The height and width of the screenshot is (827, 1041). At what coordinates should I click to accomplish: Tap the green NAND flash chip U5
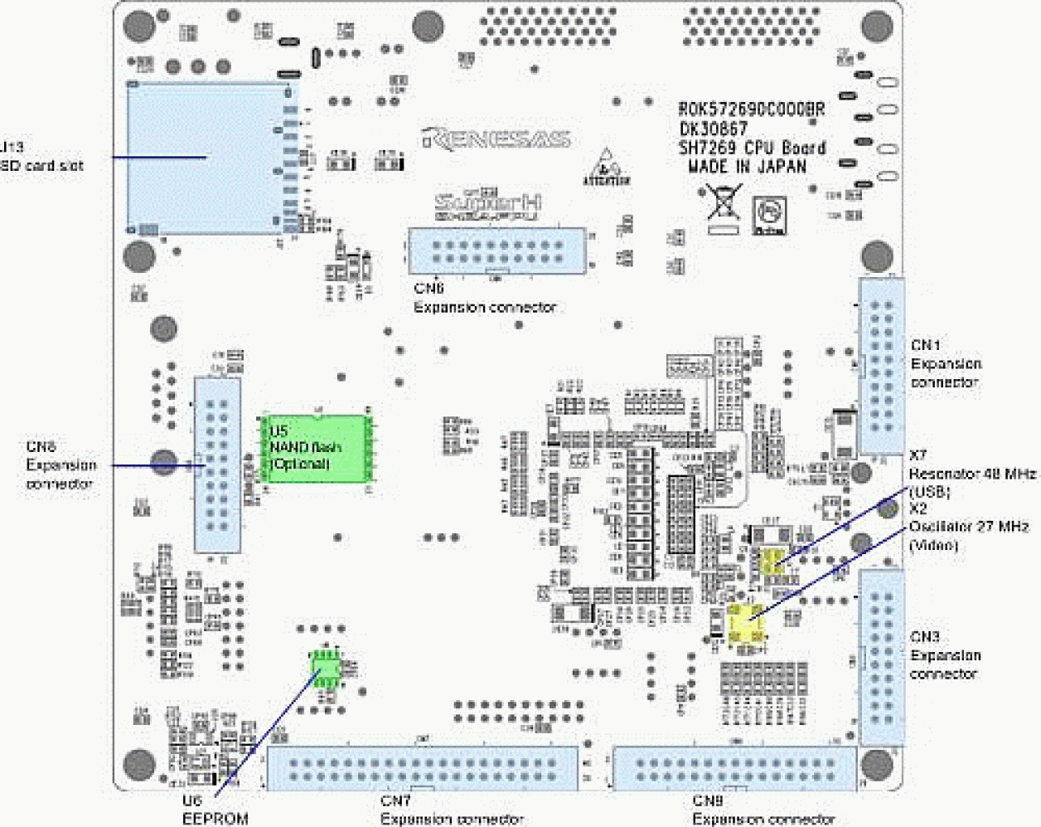(315, 448)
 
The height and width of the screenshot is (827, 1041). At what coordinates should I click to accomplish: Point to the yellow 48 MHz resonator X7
(772, 561)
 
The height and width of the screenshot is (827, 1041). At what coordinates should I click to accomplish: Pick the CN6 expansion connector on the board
(496, 251)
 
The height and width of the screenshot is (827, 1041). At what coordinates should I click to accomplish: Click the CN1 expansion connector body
(881, 365)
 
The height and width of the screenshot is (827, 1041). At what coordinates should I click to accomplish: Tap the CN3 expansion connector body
(882, 655)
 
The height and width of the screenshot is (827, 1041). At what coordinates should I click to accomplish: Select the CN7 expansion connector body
(422, 768)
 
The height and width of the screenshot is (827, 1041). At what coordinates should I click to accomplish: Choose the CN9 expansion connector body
(734, 768)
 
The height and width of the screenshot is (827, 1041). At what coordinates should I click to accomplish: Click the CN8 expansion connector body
(217, 465)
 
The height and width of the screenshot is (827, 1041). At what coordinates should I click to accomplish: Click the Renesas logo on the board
(496, 139)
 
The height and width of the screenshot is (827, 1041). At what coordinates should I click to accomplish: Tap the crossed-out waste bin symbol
(722, 207)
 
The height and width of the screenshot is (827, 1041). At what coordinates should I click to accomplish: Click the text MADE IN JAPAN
(747, 166)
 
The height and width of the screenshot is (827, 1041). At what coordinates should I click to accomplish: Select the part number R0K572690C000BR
(751, 109)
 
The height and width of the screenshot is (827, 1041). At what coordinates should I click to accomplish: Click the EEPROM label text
(215, 819)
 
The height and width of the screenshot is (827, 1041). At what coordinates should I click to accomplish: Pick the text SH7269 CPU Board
(752, 148)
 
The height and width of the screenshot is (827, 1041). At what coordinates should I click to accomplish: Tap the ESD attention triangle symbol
(607, 166)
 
